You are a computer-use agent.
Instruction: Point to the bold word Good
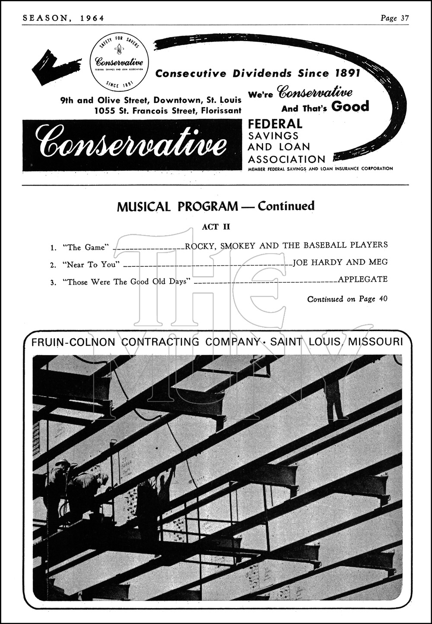[349, 106]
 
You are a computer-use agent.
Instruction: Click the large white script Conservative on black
[131, 145]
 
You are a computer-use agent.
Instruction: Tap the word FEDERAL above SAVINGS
[275, 124]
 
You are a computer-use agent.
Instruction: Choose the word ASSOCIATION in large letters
[286, 159]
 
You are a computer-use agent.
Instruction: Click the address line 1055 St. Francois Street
[168, 110]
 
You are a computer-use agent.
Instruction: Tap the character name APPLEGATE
[362, 279]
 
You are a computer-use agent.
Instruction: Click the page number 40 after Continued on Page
[383, 299]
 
